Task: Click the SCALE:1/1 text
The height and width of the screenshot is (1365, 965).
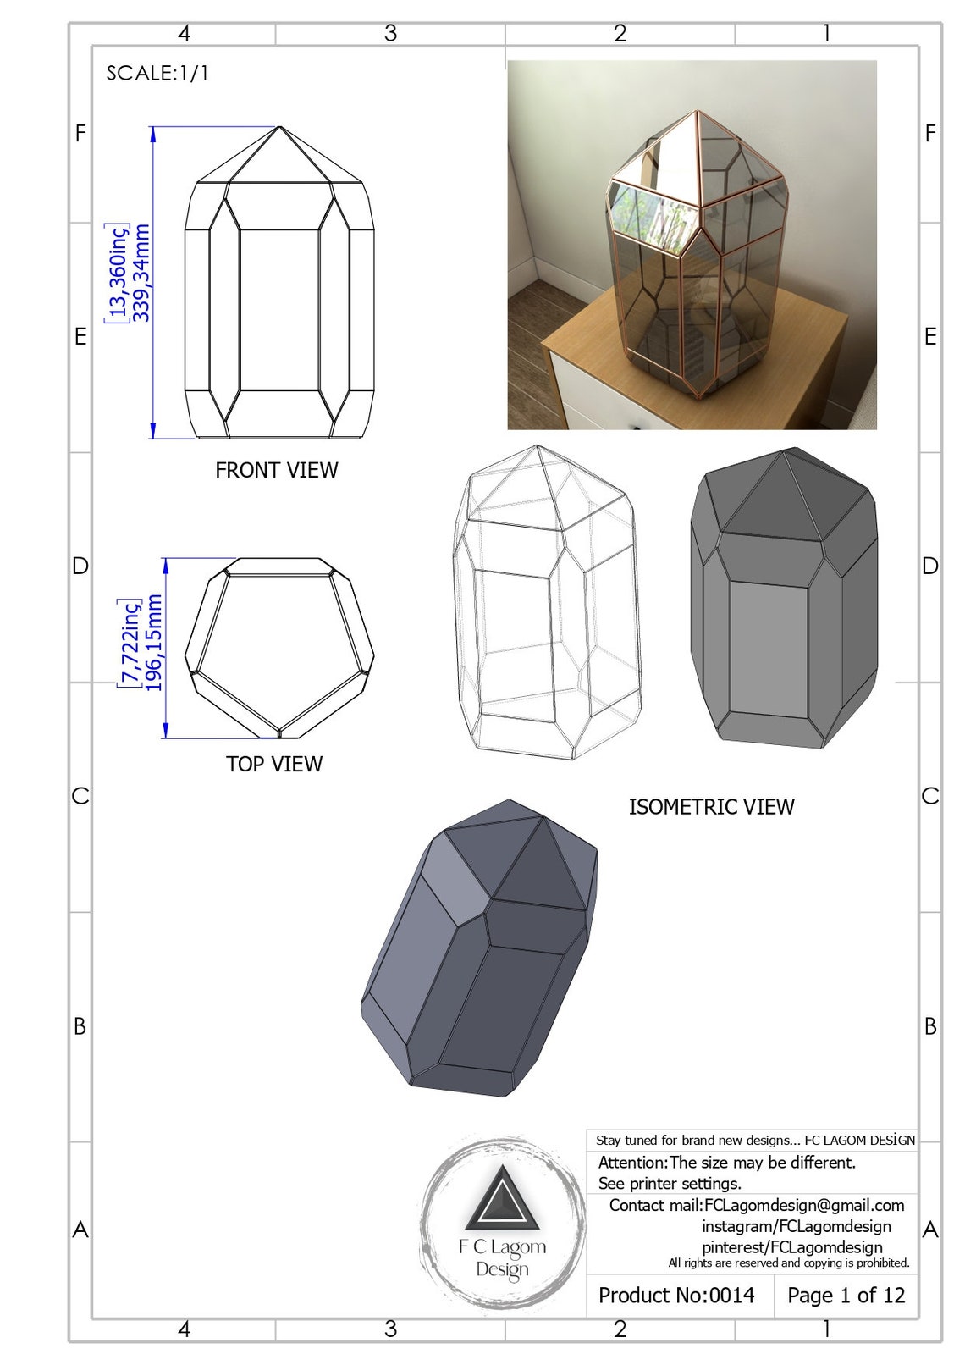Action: click(x=157, y=73)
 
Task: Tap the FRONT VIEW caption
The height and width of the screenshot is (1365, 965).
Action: click(x=276, y=470)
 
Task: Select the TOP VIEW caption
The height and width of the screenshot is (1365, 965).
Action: click(x=273, y=764)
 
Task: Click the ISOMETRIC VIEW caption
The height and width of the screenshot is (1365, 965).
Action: click(x=711, y=807)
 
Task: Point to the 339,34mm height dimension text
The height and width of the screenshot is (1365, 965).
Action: click(x=142, y=273)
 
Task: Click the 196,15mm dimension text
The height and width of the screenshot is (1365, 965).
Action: click(x=153, y=643)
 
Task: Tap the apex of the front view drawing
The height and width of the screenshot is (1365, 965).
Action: click(x=279, y=128)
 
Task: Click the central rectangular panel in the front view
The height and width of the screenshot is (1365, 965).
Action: click(x=279, y=308)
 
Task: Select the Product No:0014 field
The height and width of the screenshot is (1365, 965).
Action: click(x=676, y=1295)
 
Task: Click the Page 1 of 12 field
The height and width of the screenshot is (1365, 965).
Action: click(x=846, y=1295)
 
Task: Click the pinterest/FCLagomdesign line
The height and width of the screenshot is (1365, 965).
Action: click(x=791, y=1246)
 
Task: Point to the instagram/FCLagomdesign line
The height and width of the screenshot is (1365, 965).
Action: click(x=796, y=1226)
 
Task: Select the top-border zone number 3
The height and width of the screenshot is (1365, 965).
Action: click(x=390, y=33)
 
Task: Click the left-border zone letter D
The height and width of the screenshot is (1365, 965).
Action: click(x=80, y=566)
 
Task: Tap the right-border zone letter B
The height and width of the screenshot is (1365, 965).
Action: click(x=930, y=1026)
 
